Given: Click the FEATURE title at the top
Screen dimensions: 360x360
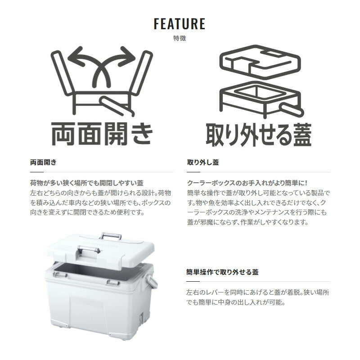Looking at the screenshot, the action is pos(180,24).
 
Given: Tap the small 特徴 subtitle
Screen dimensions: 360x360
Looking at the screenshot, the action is pos(180,38).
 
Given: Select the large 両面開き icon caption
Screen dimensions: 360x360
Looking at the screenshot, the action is pos(102,134).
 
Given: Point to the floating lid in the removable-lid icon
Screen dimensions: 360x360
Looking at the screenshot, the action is pos(260,63).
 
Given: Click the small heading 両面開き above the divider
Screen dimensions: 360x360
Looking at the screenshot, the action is pos(43,162).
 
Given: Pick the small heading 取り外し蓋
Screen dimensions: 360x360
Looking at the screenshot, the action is pos(203,162).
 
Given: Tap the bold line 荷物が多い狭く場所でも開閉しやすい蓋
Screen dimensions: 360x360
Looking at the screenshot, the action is pos(87,183).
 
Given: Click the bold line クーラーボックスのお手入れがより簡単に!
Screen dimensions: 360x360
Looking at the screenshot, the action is pos(247,183).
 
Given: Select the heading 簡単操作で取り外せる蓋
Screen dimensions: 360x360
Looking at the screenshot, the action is pos(222,272).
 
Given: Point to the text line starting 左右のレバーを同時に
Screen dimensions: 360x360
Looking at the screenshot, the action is pos(258,292).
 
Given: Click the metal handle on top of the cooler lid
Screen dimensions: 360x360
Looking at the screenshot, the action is pos(111,236).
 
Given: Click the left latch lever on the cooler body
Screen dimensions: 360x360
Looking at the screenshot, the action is pos(60,274).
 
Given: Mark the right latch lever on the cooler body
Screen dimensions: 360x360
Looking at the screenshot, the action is pos(113,283).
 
